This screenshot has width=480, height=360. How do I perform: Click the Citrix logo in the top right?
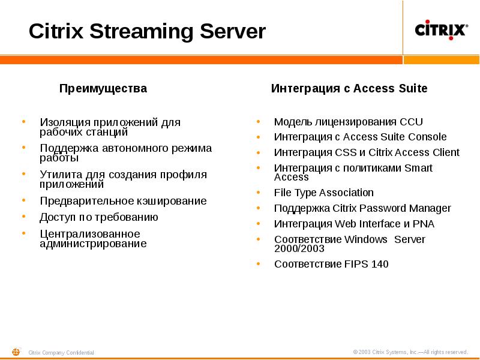442,30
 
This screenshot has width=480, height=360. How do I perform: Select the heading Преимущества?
103,89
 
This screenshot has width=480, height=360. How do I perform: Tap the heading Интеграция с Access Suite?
349,89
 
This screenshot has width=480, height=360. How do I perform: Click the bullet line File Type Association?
323,193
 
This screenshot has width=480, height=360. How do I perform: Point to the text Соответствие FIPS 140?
331,264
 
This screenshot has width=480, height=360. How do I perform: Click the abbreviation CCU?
411,121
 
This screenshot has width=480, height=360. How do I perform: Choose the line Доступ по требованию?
98,217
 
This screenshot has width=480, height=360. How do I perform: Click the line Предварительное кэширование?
123,201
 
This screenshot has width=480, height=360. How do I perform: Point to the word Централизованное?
89,233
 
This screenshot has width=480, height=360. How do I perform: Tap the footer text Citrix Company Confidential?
61,353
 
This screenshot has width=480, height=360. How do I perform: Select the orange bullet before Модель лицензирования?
258,121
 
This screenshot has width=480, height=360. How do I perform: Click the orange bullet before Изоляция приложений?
23,121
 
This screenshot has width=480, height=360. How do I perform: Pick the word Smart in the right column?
418,168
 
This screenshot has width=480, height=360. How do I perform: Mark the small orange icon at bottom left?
16,352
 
